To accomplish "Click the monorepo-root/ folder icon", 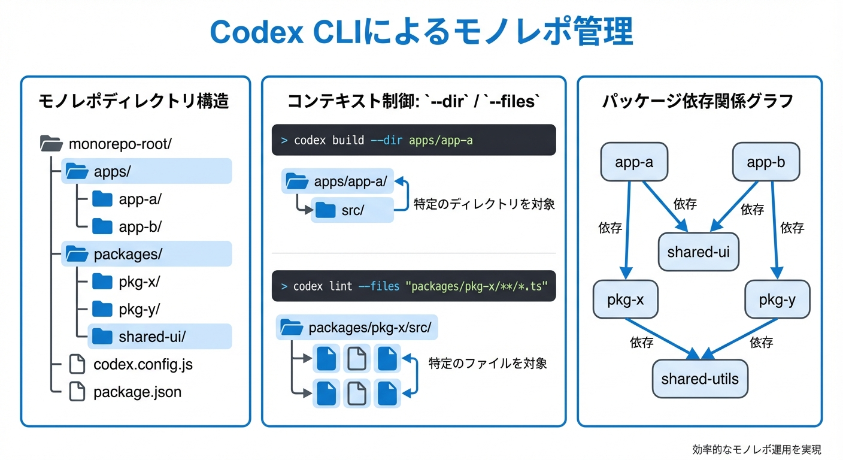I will point(51,144).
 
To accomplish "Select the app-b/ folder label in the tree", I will point(140,227).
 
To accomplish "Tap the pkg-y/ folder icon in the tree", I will point(102,309).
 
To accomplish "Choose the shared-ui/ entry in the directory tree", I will point(152,337).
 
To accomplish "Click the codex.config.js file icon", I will point(77,364).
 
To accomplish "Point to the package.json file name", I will point(137,392).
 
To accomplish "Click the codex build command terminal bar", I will point(414,140).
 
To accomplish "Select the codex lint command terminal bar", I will point(414,286).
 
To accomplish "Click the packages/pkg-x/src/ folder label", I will point(369,328).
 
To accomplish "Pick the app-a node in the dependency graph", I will point(633,162).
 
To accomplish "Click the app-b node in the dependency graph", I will point(766,162).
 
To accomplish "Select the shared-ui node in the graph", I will point(698,252).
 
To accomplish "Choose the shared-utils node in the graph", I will point(700,379).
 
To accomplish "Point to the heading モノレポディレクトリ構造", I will point(134,101).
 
